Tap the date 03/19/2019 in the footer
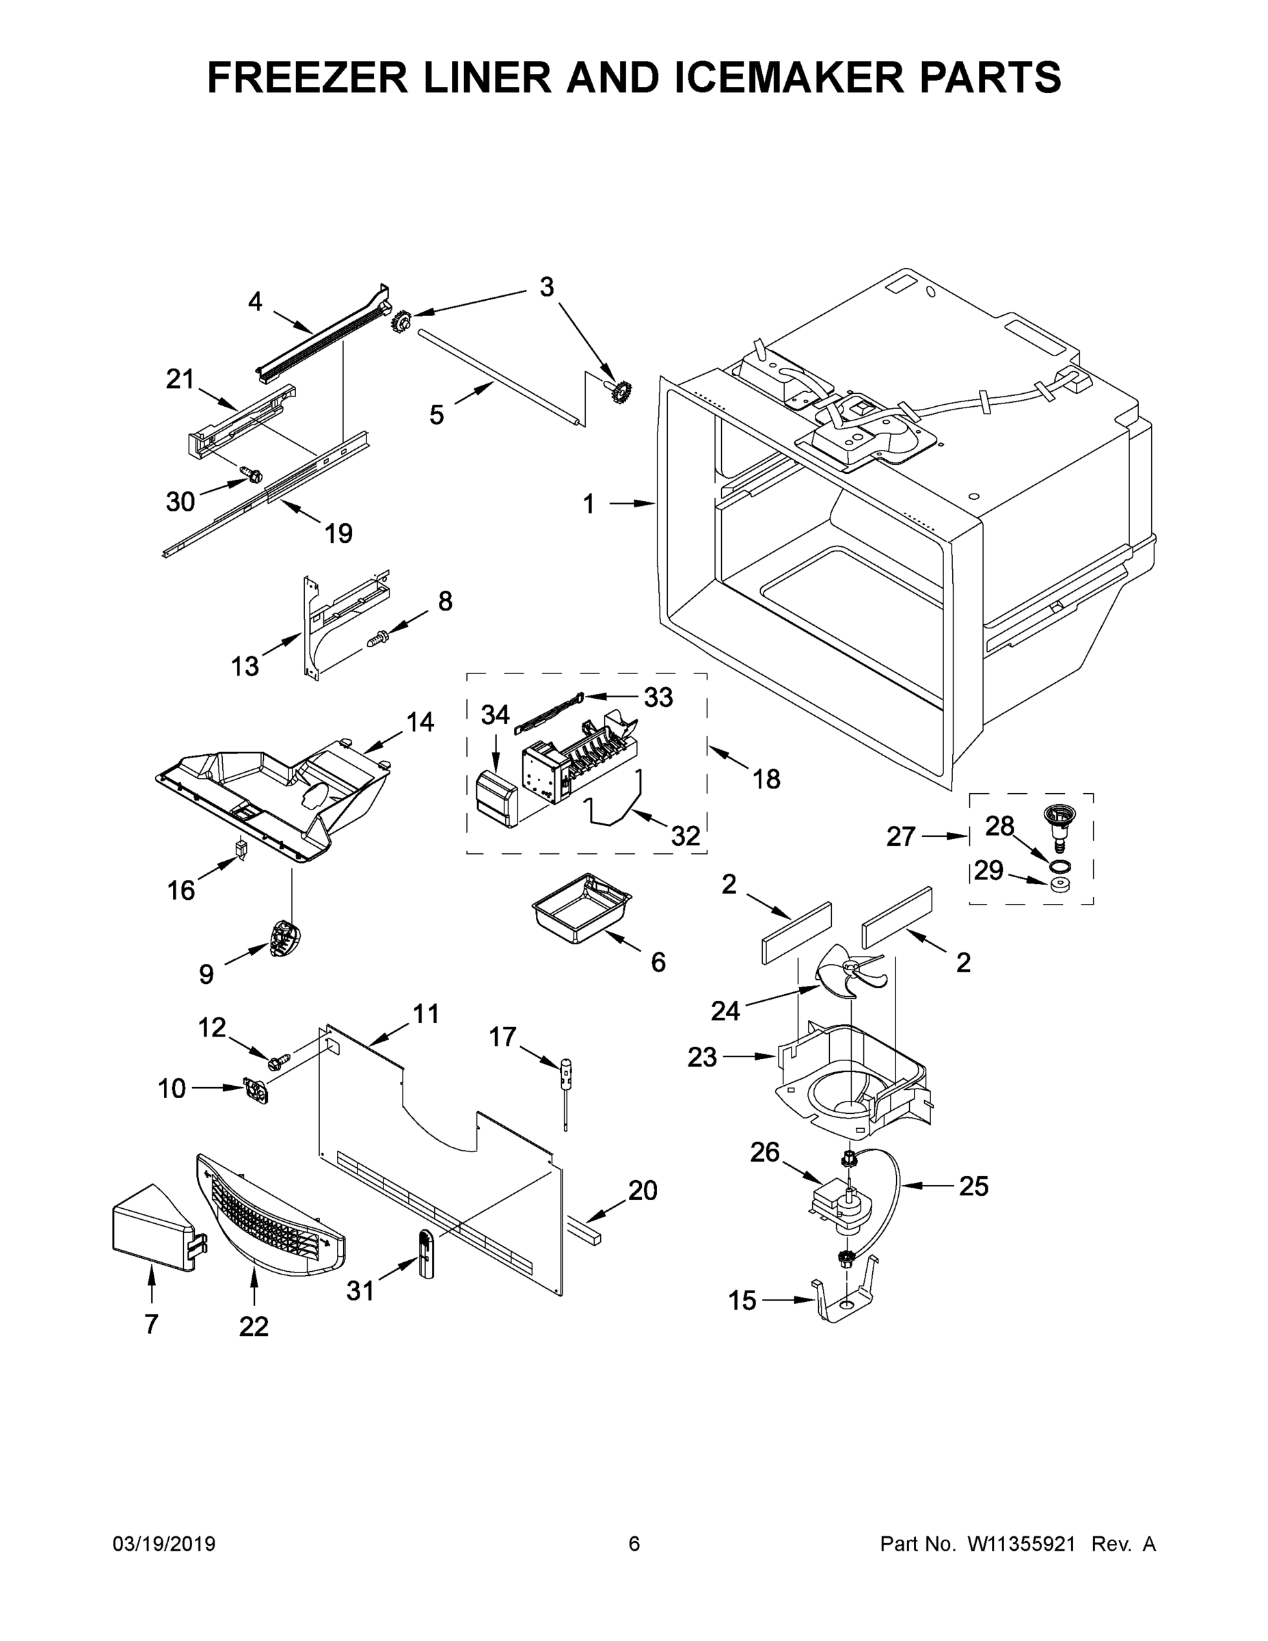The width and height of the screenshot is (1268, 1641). coord(164,1543)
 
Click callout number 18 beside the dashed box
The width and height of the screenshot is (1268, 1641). coord(766,779)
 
